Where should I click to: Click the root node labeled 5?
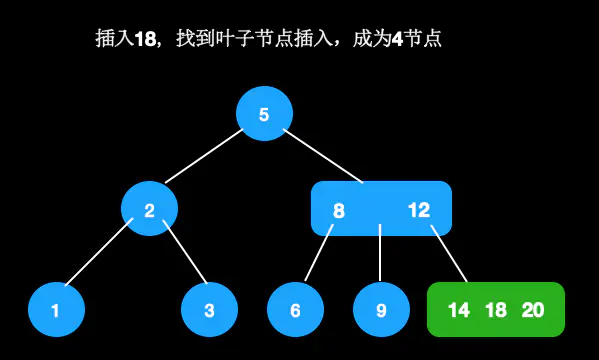tap(264, 114)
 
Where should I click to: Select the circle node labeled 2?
tap(149, 210)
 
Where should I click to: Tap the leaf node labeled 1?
tap(56, 310)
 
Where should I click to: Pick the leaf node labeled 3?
tap(209, 310)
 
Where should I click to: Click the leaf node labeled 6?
tap(295, 310)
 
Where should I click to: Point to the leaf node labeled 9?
tap(381, 310)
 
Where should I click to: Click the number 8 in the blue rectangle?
tap(339, 210)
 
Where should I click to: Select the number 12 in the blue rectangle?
tap(419, 210)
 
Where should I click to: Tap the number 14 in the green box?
tap(459, 310)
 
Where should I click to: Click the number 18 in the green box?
tap(496, 310)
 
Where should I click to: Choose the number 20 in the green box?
tap(533, 310)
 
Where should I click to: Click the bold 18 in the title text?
tap(146, 39)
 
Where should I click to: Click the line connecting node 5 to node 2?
tap(205, 157)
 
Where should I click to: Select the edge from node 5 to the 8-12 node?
tap(322, 155)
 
